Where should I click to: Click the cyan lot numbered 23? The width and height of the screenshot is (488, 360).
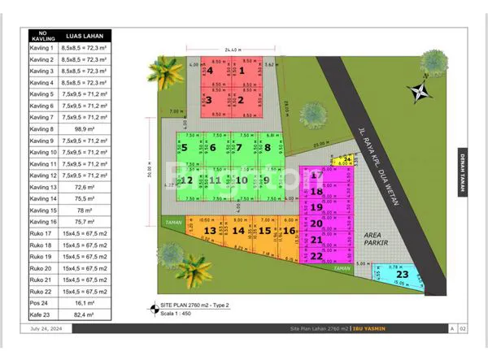[401, 275]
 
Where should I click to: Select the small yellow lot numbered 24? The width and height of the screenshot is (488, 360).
[346, 159]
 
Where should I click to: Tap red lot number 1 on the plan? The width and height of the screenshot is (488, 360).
[241, 72]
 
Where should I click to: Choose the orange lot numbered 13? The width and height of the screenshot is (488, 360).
[210, 231]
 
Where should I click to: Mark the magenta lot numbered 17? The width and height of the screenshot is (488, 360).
[317, 175]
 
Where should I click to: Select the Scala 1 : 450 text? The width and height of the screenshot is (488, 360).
[177, 314]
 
